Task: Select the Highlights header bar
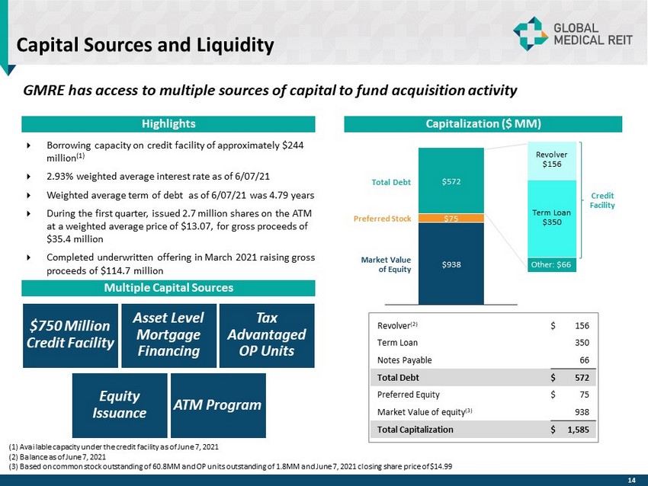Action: tap(168, 123)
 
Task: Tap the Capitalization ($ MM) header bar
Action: tap(483, 123)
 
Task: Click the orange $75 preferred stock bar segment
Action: tap(451, 218)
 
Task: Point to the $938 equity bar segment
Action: tap(451, 263)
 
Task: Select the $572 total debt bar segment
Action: tap(451, 181)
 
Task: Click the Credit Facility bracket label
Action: tap(603, 200)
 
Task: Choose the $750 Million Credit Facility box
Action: tap(70, 335)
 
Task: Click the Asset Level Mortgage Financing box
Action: tap(168, 335)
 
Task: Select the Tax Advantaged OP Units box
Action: tap(266, 335)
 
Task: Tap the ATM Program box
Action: tap(218, 404)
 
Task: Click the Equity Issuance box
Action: tap(120, 404)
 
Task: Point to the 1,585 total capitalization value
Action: tap(582, 429)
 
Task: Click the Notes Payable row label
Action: tap(404, 360)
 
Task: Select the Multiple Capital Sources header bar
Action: tap(168, 288)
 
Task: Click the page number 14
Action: tap(630, 479)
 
